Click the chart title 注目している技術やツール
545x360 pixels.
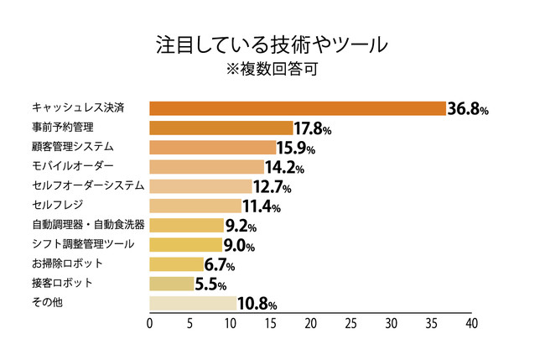(272, 44)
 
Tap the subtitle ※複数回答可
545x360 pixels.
(272, 69)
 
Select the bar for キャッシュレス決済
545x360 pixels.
(297, 108)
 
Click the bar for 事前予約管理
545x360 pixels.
(221, 128)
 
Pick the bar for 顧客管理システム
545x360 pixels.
(213, 148)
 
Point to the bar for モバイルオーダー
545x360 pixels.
(206, 167)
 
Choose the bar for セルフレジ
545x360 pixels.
(195, 206)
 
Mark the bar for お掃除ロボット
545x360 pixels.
(176, 264)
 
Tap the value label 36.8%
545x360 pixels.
(468, 109)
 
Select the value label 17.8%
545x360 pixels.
(314, 129)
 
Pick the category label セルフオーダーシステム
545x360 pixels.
(88, 185)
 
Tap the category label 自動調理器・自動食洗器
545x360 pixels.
(88, 224)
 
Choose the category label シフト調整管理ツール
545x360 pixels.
(83, 244)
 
